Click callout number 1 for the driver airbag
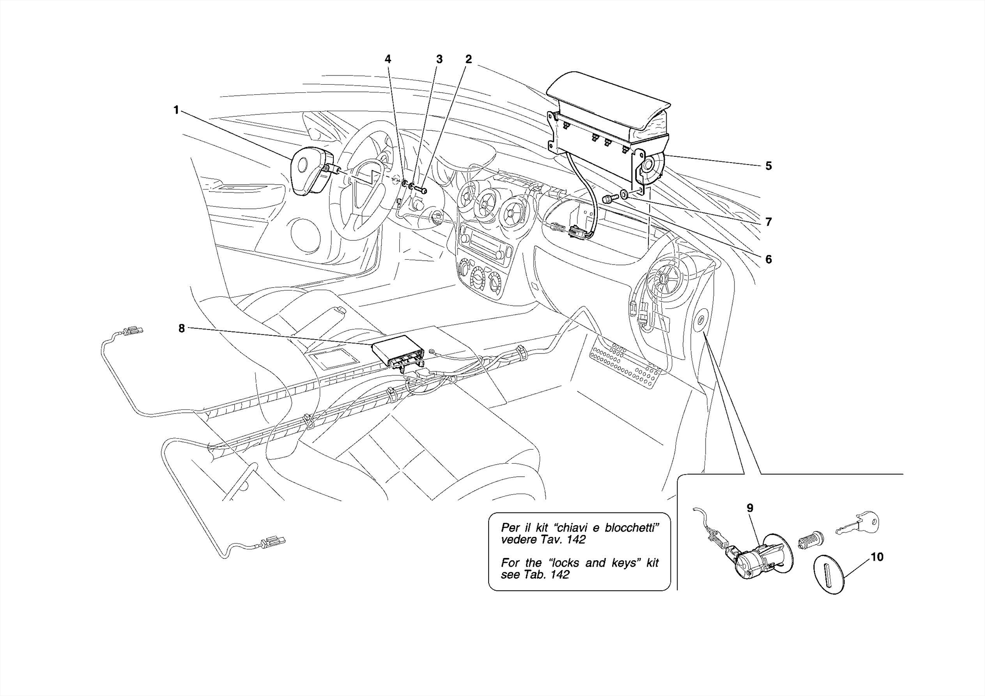click(176, 111)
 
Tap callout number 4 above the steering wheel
click(388, 59)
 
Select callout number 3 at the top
click(439, 59)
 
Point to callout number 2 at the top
click(468, 59)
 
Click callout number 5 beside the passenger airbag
click(768, 166)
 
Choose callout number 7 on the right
click(768, 222)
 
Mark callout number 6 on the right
click(768, 259)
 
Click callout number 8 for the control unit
click(181, 329)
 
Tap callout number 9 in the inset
click(750, 508)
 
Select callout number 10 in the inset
click(877, 557)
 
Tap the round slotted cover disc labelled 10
click(828, 574)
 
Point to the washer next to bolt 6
click(623, 195)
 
